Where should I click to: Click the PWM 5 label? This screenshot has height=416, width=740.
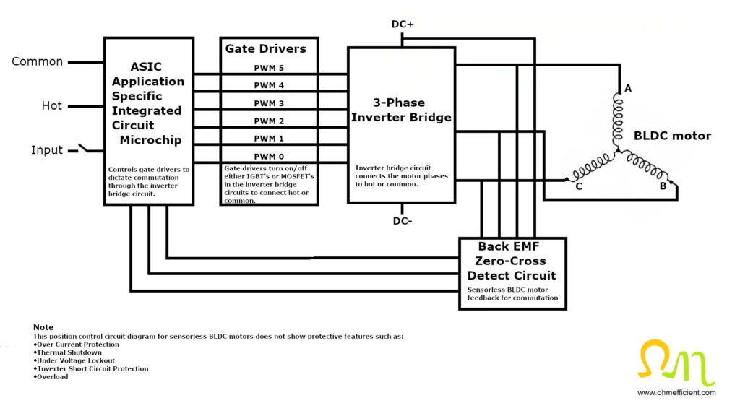(269, 69)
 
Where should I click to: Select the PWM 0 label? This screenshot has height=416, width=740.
(269, 156)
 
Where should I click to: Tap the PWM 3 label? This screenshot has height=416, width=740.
(269, 103)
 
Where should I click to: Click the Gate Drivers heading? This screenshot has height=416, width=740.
(265, 49)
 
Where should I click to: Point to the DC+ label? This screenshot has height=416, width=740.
(403, 24)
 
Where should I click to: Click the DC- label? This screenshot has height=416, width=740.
(403, 221)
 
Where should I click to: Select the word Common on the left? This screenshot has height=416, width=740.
(37, 62)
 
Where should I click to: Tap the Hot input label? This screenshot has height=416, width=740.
(51, 106)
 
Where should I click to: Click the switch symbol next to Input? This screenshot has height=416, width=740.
(84, 149)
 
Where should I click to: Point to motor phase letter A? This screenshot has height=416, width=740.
(628, 89)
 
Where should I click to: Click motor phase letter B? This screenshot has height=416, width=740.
(663, 186)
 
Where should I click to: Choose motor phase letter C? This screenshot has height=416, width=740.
(579, 186)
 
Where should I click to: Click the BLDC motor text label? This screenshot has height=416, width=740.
(672, 136)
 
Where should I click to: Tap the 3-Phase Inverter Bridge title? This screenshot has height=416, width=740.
(401, 110)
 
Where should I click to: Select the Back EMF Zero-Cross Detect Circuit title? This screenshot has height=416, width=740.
(512, 261)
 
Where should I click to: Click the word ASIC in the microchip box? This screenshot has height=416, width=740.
(148, 66)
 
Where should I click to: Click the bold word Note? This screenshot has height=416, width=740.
(43, 327)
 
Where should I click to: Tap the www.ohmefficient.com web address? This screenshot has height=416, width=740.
(676, 393)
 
